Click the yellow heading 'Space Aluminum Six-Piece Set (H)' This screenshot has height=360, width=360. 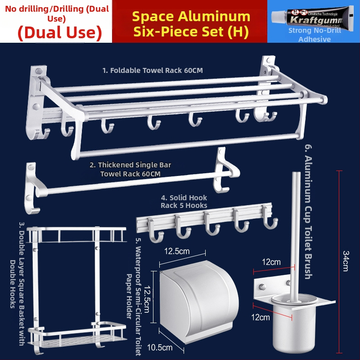pos(191,24)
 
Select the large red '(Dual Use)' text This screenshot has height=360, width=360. pos(60,32)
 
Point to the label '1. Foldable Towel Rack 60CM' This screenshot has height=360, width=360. pos(153,70)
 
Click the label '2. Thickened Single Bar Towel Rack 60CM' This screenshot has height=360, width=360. pos(130,169)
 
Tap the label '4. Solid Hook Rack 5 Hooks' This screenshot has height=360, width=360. pos(184,201)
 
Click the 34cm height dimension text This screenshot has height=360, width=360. pos(346,261)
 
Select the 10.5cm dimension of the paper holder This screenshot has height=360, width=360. pos(160,347)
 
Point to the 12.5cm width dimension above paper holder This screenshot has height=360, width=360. pos(177,251)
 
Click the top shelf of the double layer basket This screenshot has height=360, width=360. pos(76,234)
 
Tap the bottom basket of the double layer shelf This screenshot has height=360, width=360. pos(77,335)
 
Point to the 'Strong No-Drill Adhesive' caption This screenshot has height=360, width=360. pos(315,35)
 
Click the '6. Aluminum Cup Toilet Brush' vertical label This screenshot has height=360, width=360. pos(308,211)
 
